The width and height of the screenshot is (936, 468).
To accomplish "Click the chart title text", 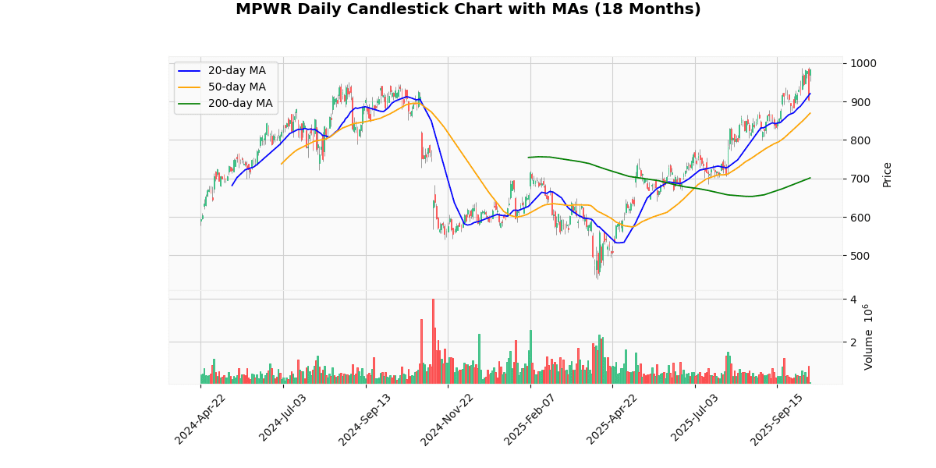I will pos(468,9).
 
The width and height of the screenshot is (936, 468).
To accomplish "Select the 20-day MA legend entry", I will pos(236,70).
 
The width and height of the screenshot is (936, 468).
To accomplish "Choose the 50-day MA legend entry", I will pos(236,87).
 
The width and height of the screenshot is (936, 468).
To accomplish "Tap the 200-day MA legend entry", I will pos(239,103).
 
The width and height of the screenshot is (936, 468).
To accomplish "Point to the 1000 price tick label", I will pos(863,63).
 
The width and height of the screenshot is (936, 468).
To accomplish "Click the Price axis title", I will pos(887,174).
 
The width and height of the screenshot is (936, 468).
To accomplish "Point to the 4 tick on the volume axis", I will pos(853,300).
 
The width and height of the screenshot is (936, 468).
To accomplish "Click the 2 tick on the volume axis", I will pos(853,342).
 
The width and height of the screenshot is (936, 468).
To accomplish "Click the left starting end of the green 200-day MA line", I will pos(528,158).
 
